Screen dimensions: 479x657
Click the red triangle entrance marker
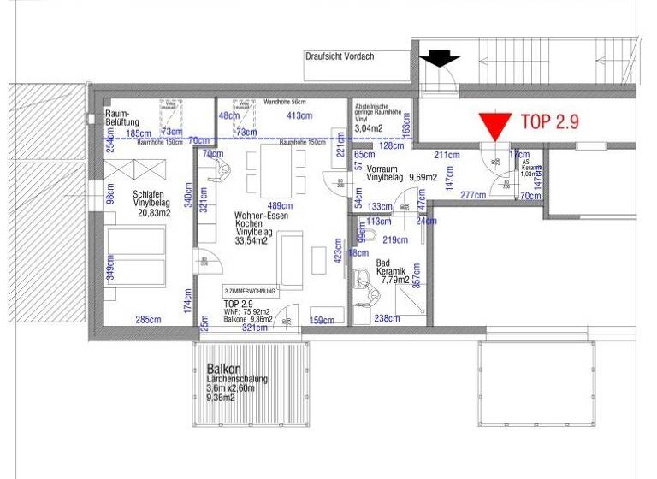494,127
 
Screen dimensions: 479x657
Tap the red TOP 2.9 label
550,122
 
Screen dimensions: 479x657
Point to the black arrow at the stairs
441,59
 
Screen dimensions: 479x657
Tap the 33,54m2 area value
251,241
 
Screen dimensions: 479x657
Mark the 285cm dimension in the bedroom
148,321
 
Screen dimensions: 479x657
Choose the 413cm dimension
299,115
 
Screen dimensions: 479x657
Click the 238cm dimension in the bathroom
386,318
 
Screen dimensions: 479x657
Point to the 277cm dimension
472,195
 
